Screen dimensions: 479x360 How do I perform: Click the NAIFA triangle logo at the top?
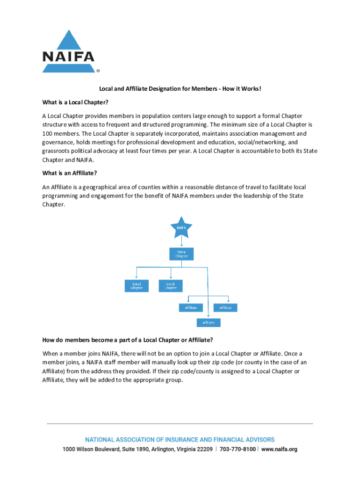click(x=69, y=52)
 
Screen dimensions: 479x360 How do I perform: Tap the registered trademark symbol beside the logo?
click(x=98, y=72)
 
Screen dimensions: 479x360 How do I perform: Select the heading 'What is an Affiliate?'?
click(x=70, y=173)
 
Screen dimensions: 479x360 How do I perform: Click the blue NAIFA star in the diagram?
click(x=181, y=228)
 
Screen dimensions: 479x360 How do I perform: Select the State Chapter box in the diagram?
click(x=181, y=254)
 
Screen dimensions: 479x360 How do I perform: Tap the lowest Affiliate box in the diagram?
click(x=208, y=323)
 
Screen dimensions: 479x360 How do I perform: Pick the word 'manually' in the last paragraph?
click(x=167, y=363)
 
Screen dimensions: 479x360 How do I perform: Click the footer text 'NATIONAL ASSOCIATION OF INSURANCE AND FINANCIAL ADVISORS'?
click(x=180, y=440)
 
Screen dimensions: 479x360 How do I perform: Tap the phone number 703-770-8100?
click(x=238, y=450)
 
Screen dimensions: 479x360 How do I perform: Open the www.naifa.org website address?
click(x=279, y=450)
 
